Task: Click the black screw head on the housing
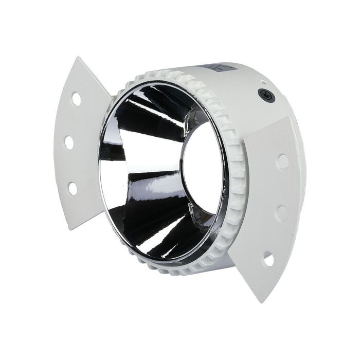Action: click(x=266, y=95)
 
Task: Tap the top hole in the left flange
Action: click(x=76, y=98)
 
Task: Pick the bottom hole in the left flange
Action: click(x=73, y=188)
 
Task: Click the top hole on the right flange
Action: click(x=282, y=162)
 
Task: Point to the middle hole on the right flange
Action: click(x=281, y=212)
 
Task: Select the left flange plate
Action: click(x=82, y=144)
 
